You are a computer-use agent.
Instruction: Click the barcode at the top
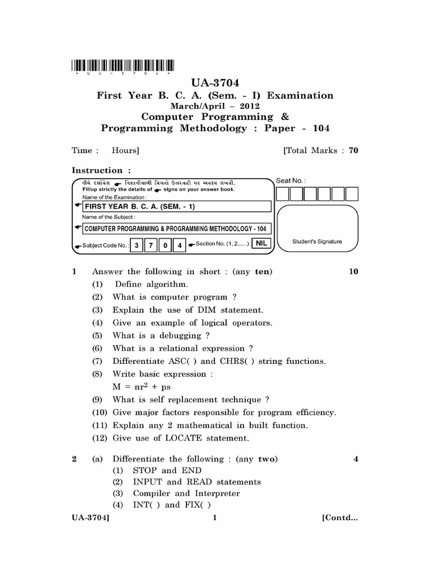(123, 65)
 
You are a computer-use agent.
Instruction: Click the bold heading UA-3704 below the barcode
(215, 84)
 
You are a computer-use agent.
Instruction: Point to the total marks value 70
(353, 150)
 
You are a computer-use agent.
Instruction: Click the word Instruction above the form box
(97, 170)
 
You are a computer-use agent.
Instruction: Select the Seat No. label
(289, 180)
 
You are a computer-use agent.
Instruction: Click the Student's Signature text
(317, 242)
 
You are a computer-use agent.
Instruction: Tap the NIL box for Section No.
(260, 243)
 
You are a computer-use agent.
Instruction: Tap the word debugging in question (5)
(181, 336)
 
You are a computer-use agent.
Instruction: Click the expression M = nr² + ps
(142, 387)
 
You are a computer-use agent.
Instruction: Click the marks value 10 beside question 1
(353, 272)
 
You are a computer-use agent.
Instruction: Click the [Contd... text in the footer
(339, 519)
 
